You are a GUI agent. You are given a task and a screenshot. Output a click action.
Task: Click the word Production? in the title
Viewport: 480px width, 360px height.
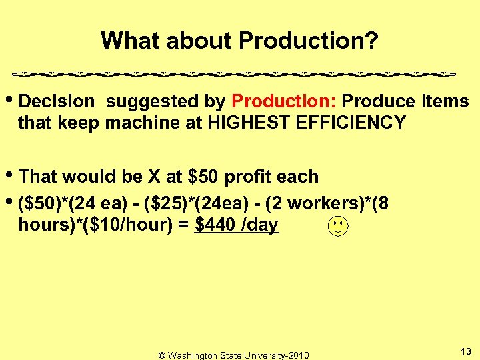pyautogui.click(x=309, y=41)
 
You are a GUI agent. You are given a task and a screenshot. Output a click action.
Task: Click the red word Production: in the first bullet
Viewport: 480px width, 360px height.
pyautogui.click(x=286, y=102)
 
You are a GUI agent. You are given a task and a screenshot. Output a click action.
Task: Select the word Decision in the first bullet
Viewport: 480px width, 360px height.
pyautogui.click(x=57, y=102)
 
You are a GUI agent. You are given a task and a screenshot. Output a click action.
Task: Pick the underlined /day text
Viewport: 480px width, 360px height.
pyautogui.click(x=260, y=225)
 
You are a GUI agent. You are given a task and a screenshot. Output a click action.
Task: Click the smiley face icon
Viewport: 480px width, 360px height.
pyautogui.click(x=338, y=227)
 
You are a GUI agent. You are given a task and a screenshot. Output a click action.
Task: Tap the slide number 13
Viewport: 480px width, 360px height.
pyautogui.click(x=466, y=351)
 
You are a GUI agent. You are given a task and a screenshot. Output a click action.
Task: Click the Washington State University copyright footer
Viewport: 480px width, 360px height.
pyautogui.click(x=233, y=355)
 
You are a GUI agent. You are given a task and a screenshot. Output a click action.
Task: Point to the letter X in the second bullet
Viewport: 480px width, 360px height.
pyautogui.click(x=154, y=177)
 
